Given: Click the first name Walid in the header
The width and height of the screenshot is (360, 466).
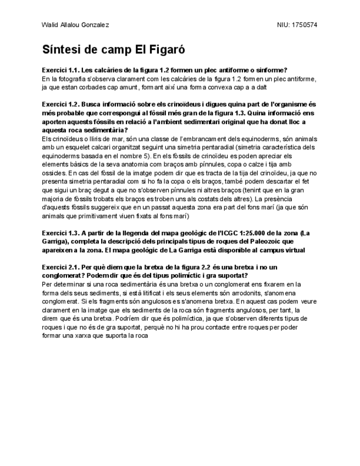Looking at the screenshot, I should point(49,25).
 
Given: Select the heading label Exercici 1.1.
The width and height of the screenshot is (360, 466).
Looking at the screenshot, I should point(59,70).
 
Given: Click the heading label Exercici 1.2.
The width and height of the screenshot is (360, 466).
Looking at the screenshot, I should point(59,104).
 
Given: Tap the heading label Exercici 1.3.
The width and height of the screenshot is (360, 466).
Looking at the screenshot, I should point(59,232).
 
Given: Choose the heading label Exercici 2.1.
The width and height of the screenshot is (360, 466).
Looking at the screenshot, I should point(59,267).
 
